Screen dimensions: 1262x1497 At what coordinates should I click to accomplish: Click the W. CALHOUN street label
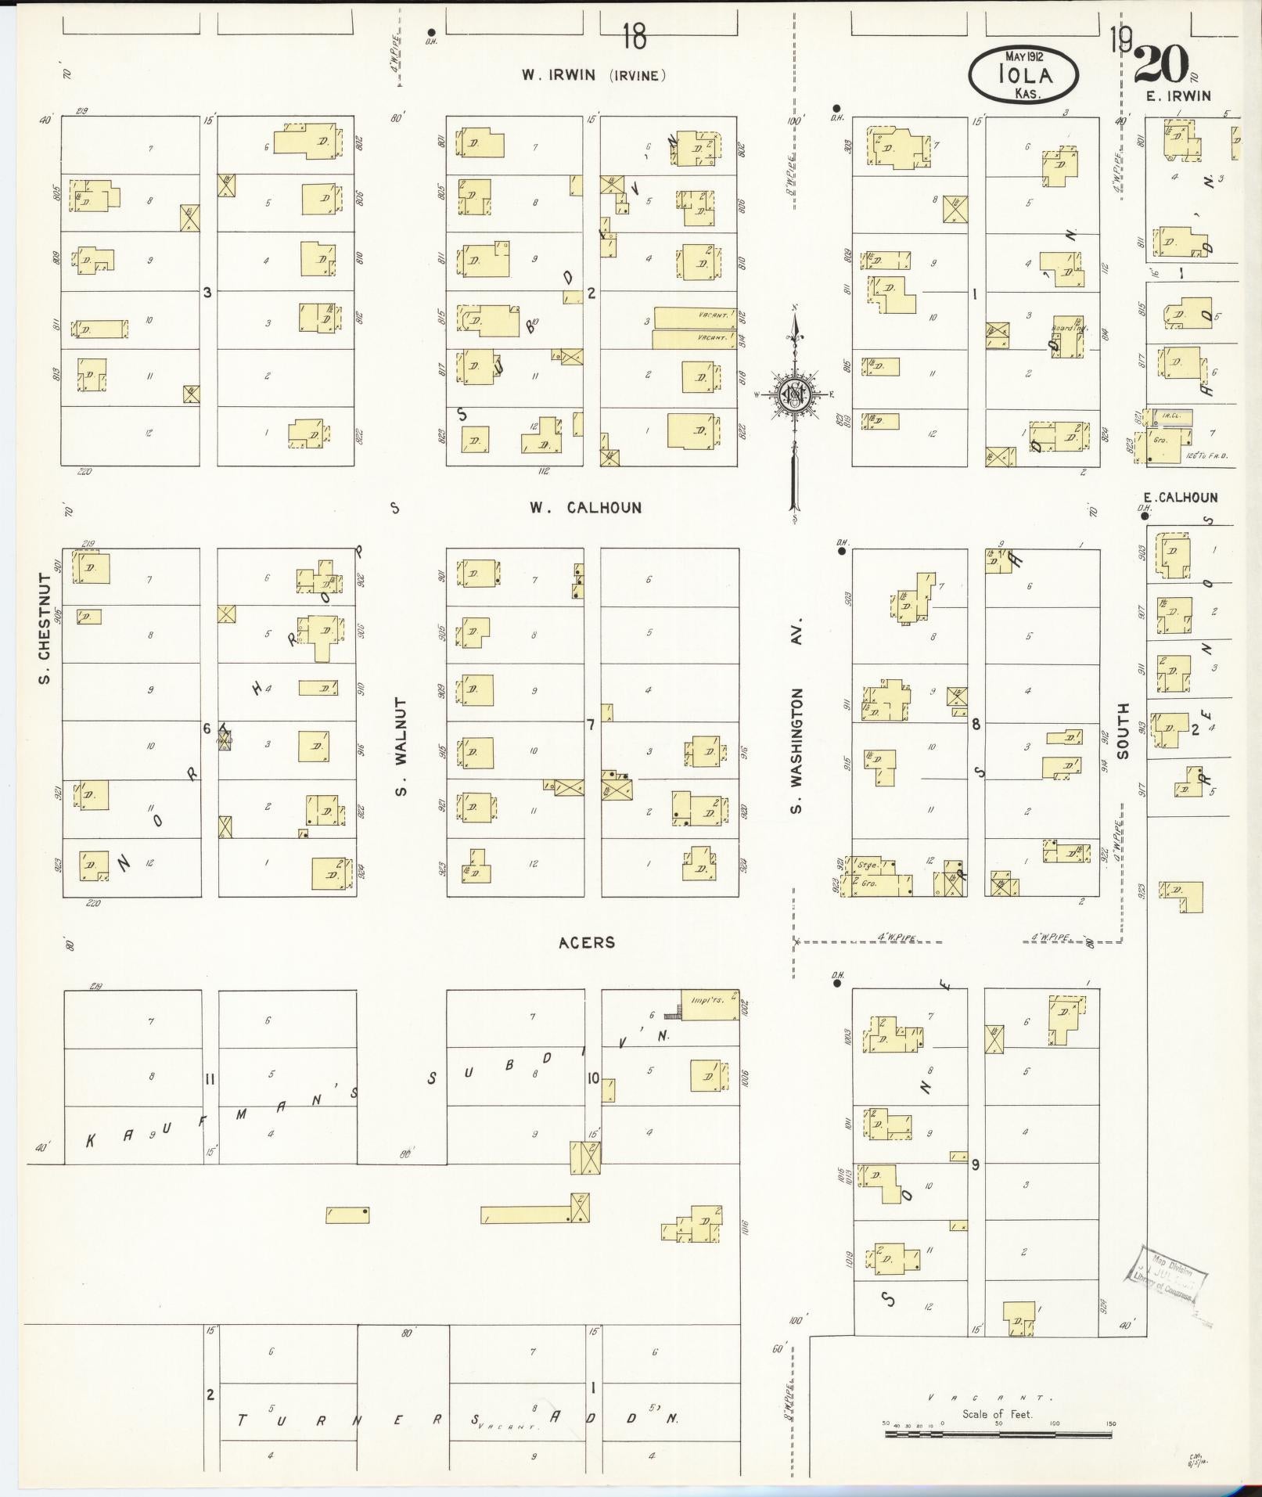tap(585, 508)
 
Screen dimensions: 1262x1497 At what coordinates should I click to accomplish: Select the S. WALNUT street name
tap(401, 747)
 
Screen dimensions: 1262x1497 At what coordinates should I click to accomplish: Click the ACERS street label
tap(587, 942)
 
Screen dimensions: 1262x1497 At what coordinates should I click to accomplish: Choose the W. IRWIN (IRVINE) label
tap(594, 75)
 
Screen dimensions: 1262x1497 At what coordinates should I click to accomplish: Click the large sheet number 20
tap(1162, 64)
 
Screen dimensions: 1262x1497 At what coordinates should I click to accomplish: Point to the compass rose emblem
tap(795, 396)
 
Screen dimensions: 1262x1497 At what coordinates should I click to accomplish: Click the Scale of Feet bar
tap(998, 1434)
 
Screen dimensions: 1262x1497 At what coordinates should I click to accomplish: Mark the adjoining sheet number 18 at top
tap(635, 36)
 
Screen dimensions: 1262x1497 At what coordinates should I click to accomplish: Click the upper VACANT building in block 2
tap(695, 317)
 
